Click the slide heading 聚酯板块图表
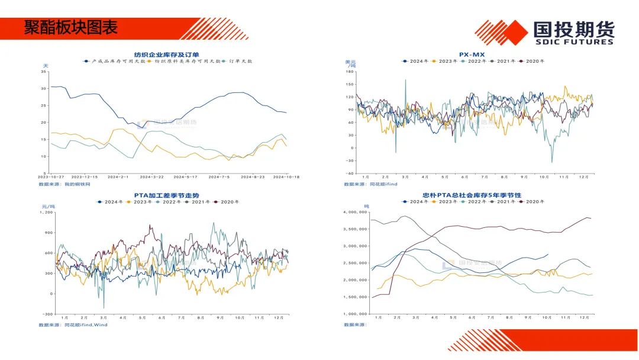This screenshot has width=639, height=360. (71, 28)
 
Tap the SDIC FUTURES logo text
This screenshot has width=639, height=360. (573, 42)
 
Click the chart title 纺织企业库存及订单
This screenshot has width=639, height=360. (167, 54)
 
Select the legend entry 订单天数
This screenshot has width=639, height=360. (241, 61)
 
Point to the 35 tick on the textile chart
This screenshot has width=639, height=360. (43, 72)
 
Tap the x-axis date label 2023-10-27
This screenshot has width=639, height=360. (51, 177)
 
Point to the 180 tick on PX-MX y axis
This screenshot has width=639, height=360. (349, 72)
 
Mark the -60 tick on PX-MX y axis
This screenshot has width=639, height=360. (349, 173)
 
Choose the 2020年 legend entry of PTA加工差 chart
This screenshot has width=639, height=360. (230, 202)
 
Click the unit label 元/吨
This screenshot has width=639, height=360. (46, 205)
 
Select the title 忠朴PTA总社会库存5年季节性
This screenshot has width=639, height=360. (472, 195)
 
